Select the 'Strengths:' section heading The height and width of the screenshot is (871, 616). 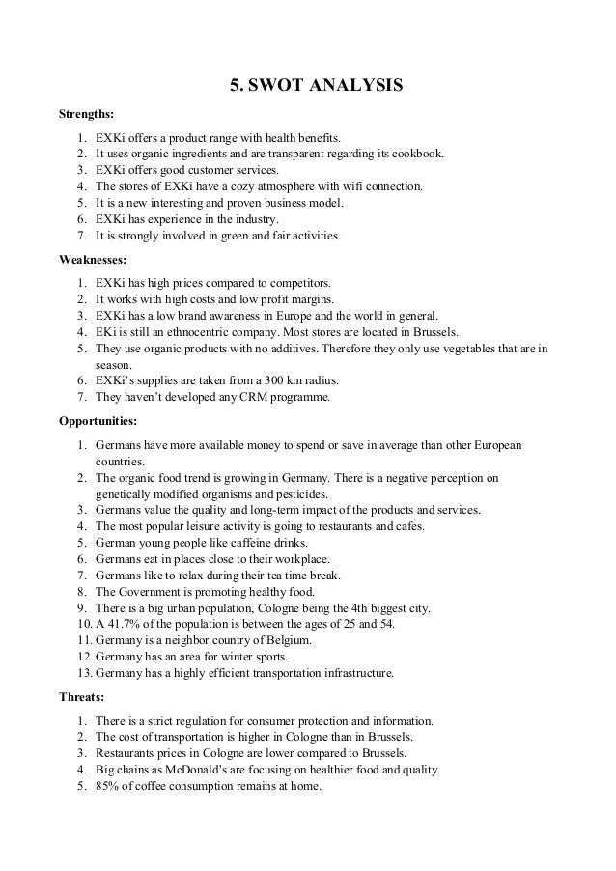pos(88,116)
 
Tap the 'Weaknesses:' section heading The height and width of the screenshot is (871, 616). pos(95,260)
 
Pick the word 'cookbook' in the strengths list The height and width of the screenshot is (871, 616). pos(422,152)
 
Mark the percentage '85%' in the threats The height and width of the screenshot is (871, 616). pos(109,786)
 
